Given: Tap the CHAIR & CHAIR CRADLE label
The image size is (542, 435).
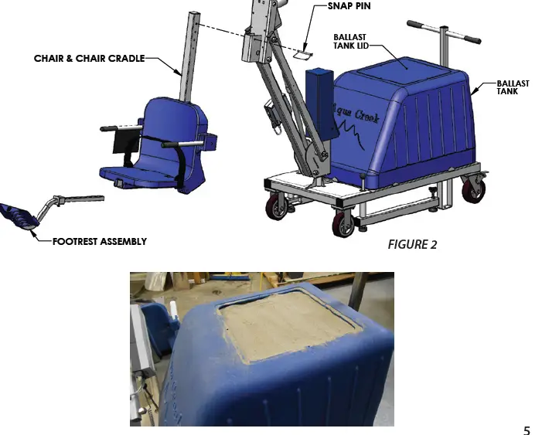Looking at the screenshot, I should click(x=89, y=58).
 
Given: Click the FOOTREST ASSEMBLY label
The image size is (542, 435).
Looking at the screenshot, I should click(x=99, y=241).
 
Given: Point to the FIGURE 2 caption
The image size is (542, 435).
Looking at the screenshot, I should click(x=412, y=244).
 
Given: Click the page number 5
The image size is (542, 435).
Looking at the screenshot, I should click(x=527, y=430).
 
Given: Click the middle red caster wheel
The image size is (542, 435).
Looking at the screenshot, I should click(x=343, y=223).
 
